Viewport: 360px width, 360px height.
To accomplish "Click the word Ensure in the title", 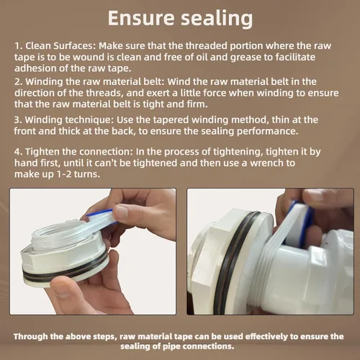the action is pyautogui.click(x=141, y=18).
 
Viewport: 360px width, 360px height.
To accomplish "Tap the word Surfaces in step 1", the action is pyautogui.click(x=74, y=45).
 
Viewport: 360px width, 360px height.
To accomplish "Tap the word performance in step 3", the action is pyautogui.click(x=268, y=131).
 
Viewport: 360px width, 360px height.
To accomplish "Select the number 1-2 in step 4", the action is pyautogui.click(x=64, y=174).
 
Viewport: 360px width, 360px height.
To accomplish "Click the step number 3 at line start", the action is pyautogui.click(x=18, y=120).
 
